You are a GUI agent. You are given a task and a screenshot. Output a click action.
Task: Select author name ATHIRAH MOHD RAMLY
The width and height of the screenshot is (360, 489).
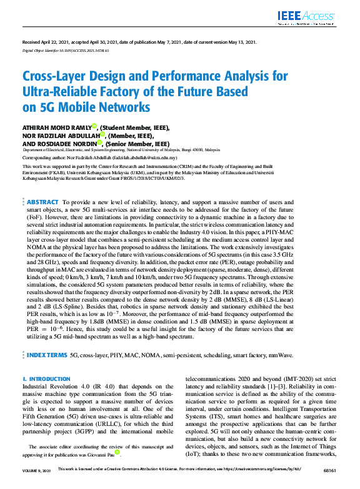pos(56,126)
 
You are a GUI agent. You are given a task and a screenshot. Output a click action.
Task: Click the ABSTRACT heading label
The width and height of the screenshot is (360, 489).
pos(43,203)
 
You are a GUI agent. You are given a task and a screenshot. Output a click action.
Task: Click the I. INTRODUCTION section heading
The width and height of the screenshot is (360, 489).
pos(47,379)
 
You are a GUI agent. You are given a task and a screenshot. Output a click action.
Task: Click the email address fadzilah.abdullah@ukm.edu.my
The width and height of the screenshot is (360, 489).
pos(162,159)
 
